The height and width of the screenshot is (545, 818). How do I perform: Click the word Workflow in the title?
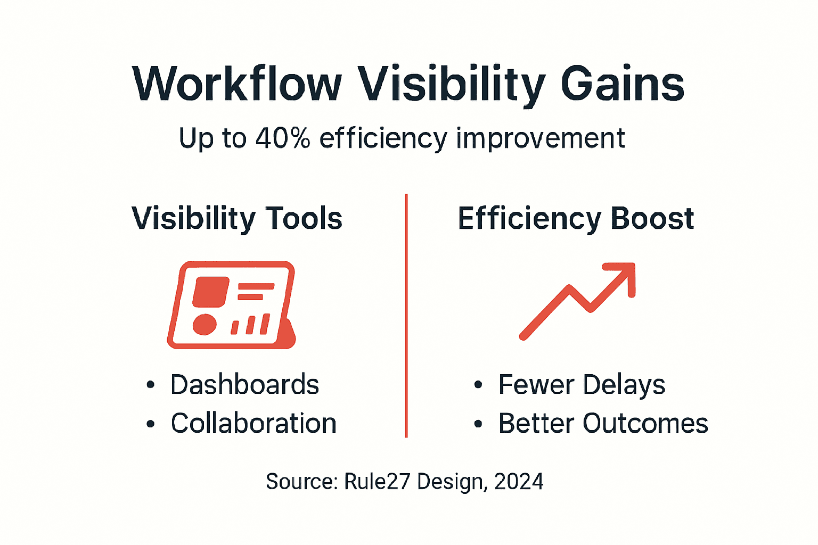[x=237, y=84]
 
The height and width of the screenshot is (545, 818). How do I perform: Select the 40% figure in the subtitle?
[x=282, y=138]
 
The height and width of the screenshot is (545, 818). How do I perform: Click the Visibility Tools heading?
[x=237, y=218]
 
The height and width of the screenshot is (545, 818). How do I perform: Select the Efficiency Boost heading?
[x=576, y=218]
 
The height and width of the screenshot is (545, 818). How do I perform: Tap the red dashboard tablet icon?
[x=232, y=305]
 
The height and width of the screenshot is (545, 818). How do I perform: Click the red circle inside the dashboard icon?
[x=204, y=324]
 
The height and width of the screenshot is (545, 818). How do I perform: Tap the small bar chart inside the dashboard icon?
[x=250, y=324]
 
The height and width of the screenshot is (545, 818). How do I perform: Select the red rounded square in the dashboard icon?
[x=210, y=292]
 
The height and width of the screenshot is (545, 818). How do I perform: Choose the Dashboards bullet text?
[x=244, y=385]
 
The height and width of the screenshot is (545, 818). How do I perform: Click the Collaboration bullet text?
[x=253, y=424]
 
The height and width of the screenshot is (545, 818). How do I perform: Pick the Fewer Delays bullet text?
[x=582, y=385]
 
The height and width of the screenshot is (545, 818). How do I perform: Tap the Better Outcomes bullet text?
[x=603, y=424]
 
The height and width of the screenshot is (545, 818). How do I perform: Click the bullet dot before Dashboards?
[x=151, y=385]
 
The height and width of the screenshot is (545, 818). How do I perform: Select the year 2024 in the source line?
[x=519, y=482]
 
